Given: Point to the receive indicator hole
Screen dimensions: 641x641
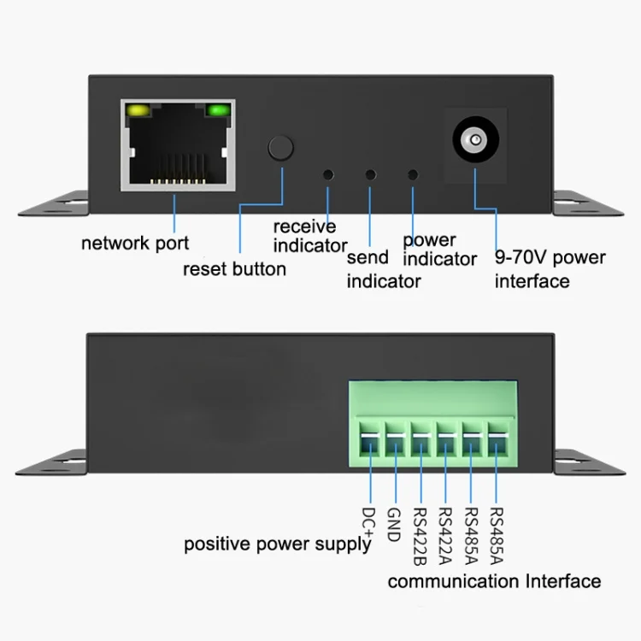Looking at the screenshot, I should [x=327, y=174].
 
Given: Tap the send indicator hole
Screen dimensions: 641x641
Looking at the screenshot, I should [x=370, y=174].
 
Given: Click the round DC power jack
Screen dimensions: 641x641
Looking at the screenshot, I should [x=473, y=139].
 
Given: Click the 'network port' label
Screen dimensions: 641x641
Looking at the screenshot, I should [x=135, y=244].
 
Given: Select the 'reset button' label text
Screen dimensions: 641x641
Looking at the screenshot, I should [x=234, y=269].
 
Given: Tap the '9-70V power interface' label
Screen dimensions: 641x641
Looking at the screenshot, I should [x=550, y=269].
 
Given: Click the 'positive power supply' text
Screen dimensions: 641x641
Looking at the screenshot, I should [x=278, y=544].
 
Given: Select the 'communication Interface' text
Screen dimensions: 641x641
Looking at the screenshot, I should [x=494, y=582].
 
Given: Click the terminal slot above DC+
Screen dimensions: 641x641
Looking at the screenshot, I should [x=369, y=444].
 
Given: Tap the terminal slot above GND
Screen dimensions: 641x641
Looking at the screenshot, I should [x=395, y=444].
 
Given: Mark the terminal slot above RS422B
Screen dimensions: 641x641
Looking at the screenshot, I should [x=420, y=444].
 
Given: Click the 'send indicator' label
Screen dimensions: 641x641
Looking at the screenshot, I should [x=383, y=269].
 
